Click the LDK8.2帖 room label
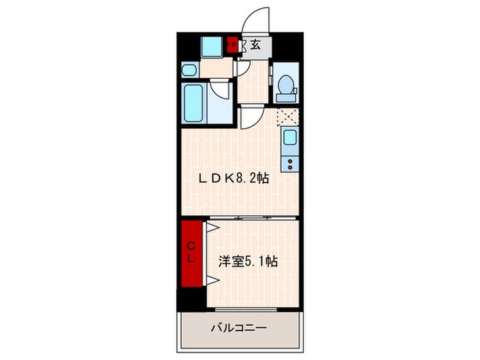coord(233,178)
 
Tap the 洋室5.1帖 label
coord(248,261)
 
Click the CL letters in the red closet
coord(192,254)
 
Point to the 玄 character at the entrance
coord(254,46)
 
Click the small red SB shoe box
coord(232,46)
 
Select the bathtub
coord(194,103)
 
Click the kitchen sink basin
coord(289,139)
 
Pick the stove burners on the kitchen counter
coord(289,163)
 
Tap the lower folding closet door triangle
coord(213,280)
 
